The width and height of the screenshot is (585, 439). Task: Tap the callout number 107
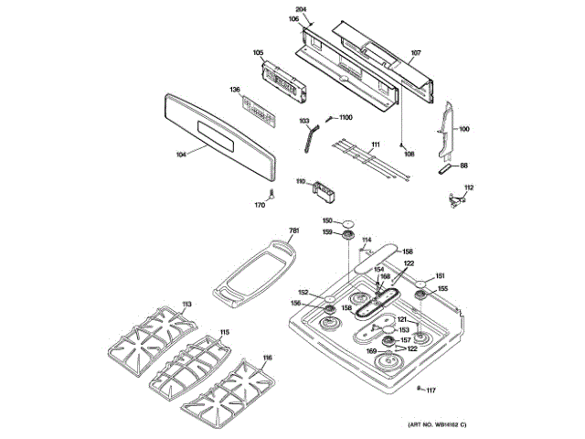tap(416, 52)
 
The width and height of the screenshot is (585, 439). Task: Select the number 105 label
tap(258, 52)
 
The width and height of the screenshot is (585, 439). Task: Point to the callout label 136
tap(235, 90)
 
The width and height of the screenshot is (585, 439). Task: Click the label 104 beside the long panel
tap(180, 155)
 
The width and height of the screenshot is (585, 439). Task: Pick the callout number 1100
tap(346, 118)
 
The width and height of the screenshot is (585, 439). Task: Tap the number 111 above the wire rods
tap(375, 144)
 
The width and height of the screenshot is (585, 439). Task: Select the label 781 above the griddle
tap(294, 230)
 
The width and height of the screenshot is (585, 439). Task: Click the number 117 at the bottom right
tap(431, 391)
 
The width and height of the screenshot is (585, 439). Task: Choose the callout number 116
tap(267, 357)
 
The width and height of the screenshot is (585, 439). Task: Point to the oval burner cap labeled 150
tap(347, 220)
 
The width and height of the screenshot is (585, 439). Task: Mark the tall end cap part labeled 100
tap(448, 129)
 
